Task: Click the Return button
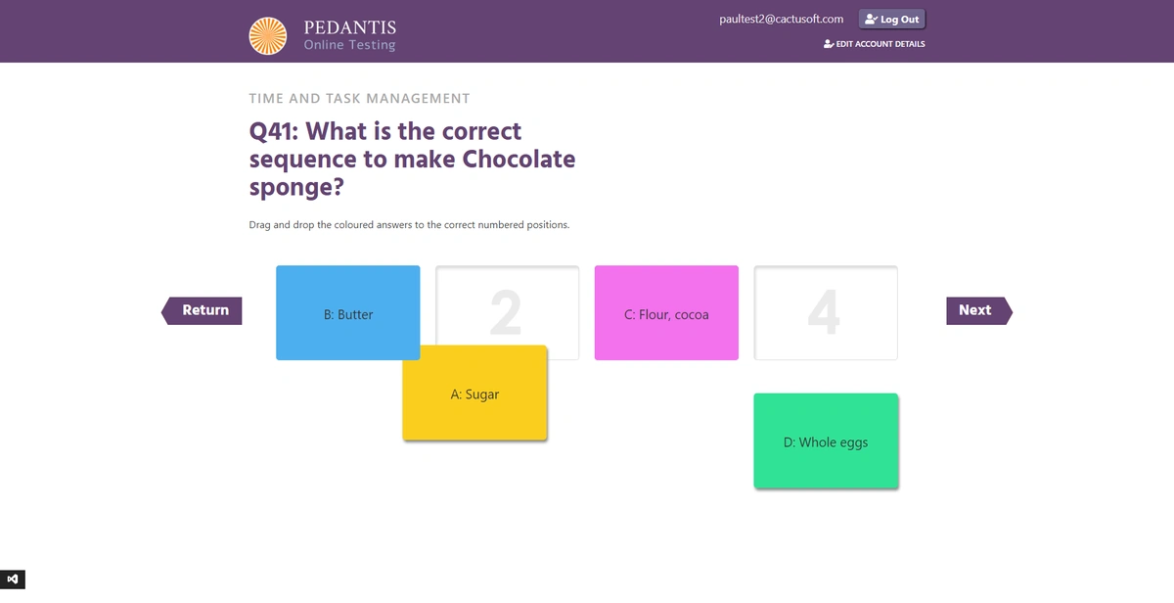click(x=202, y=310)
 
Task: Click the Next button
click(x=979, y=310)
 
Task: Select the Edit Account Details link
click(x=875, y=44)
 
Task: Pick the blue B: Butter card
click(x=348, y=312)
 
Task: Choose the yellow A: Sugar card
click(x=474, y=393)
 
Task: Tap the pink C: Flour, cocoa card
click(x=666, y=312)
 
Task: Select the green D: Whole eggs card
click(x=826, y=441)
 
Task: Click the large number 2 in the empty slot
click(x=506, y=312)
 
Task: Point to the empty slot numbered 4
click(x=826, y=312)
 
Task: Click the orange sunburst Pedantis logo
click(x=268, y=35)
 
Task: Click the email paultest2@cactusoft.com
click(x=782, y=19)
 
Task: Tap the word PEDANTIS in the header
click(x=350, y=27)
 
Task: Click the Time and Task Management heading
click(x=360, y=98)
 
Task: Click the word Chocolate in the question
click(x=519, y=160)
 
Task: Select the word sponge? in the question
click(x=296, y=188)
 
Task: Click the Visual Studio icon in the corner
click(x=13, y=580)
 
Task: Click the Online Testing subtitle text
click(x=349, y=45)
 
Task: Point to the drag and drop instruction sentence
click(x=409, y=224)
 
